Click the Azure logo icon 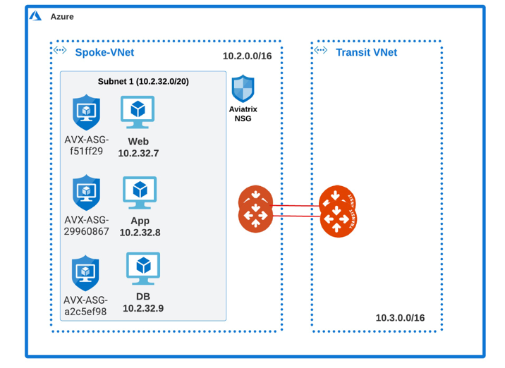coord(35,16)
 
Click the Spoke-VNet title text coord(104,52)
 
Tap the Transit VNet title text coord(366,52)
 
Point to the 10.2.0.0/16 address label coord(247,56)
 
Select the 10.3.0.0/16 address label coord(400,318)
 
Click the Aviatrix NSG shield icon coord(243,89)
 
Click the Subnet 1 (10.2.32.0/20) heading coord(143,82)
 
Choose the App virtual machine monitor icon coord(140,192)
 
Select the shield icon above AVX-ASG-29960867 coord(86,192)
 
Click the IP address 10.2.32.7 coord(138,153)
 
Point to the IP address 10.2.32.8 coord(140,232)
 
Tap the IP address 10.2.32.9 coord(143,308)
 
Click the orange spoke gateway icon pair coord(255,209)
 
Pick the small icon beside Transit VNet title coord(321,51)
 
